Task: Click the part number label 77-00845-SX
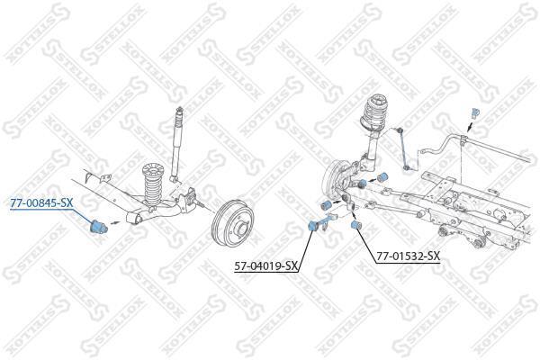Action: click(x=41, y=203)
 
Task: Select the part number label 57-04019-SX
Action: click(x=265, y=266)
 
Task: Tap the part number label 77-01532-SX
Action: click(x=408, y=256)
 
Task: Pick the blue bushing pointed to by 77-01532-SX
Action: click(x=356, y=225)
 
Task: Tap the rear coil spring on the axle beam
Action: click(x=153, y=186)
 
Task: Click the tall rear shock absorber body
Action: click(x=177, y=145)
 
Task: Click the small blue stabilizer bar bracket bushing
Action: click(x=475, y=113)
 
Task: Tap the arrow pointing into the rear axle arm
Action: click(x=115, y=223)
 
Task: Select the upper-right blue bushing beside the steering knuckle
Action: click(x=383, y=176)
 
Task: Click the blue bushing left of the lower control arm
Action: click(x=325, y=204)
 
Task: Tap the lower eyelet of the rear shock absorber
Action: click(x=175, y=179)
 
